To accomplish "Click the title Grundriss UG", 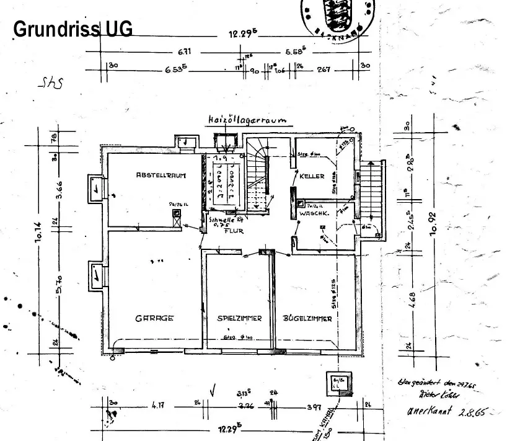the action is coord(73,29).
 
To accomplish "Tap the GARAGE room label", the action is coord(154,318).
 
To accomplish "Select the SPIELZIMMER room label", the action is coord(239,318).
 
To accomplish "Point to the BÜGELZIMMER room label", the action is coord(307,319).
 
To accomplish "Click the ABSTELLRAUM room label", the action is coord(161,176).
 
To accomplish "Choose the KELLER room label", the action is coord(312,176).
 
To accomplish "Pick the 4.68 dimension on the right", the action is coord(411,298).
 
